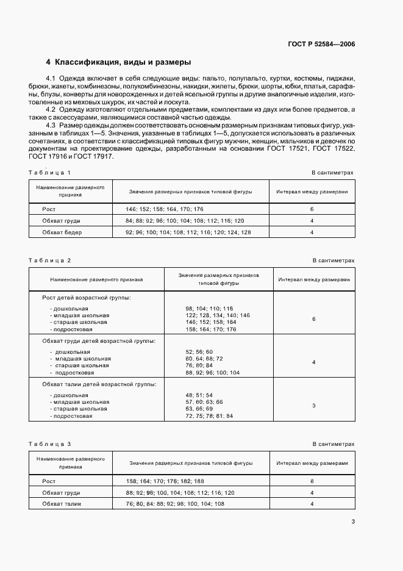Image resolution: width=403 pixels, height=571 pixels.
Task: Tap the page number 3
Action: click(x=353, y=521)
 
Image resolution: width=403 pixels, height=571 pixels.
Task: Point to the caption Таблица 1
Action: click(x=50, y=173)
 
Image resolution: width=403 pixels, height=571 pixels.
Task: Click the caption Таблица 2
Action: click(x=50, y=260)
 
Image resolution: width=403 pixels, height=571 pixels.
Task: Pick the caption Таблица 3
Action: click(x=50, y=444)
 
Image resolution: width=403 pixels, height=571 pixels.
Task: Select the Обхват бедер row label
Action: click(x=61, y=232)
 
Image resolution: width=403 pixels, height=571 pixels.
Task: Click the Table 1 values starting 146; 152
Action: click(x=156, y=209)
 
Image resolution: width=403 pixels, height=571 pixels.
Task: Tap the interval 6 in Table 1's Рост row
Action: click(x=312, y=209)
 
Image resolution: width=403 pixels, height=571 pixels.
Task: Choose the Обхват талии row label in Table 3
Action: click(x=61, y=503)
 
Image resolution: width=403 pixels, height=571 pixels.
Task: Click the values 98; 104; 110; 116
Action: click(x=209, y=309)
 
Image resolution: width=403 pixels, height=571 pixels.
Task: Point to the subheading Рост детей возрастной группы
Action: click(x=86, y=297)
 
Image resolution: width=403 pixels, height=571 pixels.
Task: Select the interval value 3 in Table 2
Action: click(x=313, y=406)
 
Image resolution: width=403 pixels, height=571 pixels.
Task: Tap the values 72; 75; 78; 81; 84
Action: click(x=209, y=416)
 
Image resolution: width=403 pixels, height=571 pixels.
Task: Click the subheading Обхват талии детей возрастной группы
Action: click(x=98, y=384)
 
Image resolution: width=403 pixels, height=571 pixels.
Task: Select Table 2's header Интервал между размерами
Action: click(x=313, y=280)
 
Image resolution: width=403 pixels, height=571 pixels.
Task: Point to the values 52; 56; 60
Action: click(x=199, y=352)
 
